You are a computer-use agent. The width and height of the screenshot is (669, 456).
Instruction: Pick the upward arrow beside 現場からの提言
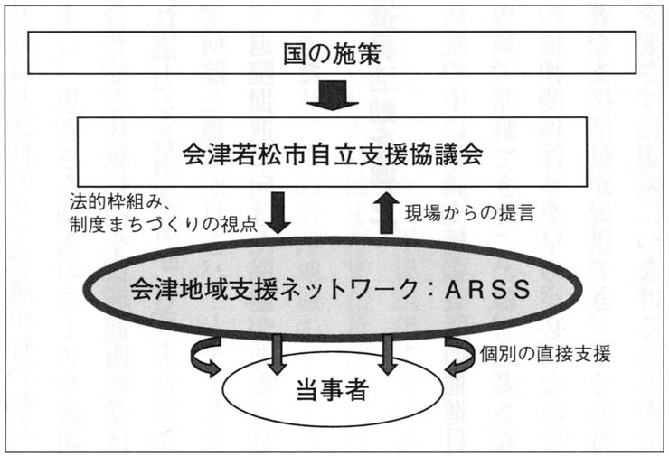point(386,211)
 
